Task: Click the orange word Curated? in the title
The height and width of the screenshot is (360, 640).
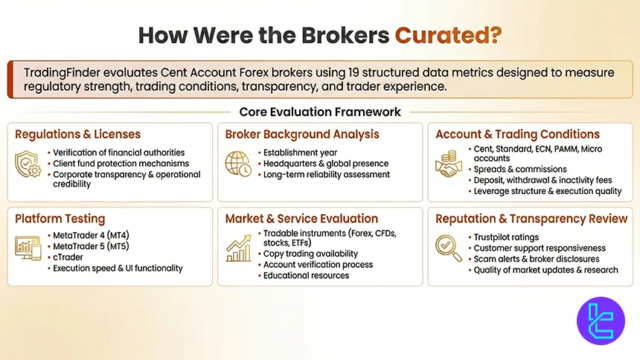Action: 448,36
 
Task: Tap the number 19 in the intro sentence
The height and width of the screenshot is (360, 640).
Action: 353,73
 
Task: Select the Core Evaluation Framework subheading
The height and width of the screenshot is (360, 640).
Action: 320,112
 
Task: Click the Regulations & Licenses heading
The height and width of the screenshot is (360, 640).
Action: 77,135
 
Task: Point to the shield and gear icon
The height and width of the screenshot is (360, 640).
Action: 28,164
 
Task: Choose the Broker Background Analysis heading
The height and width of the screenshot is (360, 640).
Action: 302,135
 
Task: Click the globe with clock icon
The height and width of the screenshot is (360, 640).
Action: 238,164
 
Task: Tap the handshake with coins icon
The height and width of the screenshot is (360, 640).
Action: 449,164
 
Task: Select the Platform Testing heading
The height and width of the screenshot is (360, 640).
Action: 60,219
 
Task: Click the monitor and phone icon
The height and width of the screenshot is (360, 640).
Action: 28,248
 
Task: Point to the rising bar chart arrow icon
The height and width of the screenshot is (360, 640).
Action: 238,248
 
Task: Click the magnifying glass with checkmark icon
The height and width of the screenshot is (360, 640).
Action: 449,248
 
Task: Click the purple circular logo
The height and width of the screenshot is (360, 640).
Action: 601,321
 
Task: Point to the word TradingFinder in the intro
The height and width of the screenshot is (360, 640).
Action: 62,73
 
